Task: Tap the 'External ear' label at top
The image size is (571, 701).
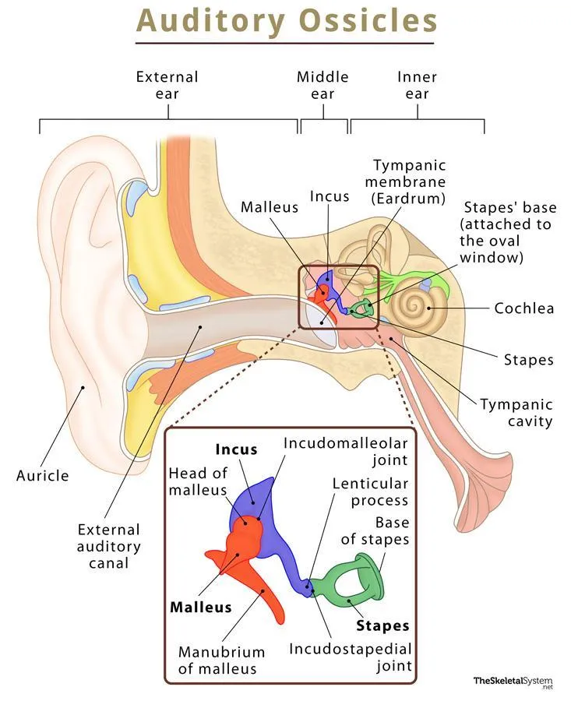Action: [x=167, y=85]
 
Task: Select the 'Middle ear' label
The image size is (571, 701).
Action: [x=323, y=85]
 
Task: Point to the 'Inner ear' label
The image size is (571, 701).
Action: [x=417, y=85]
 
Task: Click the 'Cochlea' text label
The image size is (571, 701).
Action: [x=524, y=308]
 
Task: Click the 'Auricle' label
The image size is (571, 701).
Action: [x=43, y=475]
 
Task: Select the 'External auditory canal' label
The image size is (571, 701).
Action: [x=108, y=546]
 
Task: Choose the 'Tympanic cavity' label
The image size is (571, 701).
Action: [x=516, y=413]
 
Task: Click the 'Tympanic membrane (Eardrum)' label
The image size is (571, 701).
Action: [x=410, y=181]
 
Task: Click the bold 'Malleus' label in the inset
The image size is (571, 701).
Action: [x=200, y=607]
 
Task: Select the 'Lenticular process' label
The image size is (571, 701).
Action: [x=370, y=491]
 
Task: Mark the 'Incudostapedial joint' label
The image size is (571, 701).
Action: [x=351, y=657]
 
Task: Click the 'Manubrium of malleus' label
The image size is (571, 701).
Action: [x=221, y=660]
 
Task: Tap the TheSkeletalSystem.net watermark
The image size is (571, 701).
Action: [x=513, y=682]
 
